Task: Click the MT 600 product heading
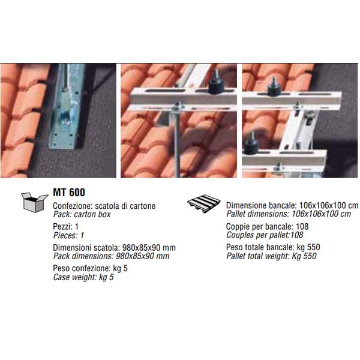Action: pyautogui.click(x=69, y=193)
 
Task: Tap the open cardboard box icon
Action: pyautogui.click(x=34, y=202)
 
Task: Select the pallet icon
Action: pyautogui.click(x=203, y=203)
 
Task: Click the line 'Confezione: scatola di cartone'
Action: pyautogui.click(x=104, y=206)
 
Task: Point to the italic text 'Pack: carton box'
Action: pyautogui.click(x=82, y=214)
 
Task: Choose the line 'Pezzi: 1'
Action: pyautogui.click(x=65, y=227)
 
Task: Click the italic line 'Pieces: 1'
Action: pyautogui.click(x=68, y=235)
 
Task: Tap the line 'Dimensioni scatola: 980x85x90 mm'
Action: pyautogui.click(x=115, y=248)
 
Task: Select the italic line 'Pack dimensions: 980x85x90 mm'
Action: pyautogui.click(x=112, y=256)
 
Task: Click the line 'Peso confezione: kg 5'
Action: pyautogui.click(x=90, y=268)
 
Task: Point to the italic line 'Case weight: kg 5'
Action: pyautogui.click(x=83, y=277)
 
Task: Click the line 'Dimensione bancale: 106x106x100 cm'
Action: pyautogui.click(x=292, y=205)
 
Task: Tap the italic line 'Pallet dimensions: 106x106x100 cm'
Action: pyautogui.click(x=289, y=214)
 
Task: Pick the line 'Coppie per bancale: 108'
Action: pyautogui.click(x=267, y=227)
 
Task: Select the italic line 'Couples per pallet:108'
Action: pyautogui.click(x=265, y=235)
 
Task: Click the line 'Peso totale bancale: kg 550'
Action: pyautogui.click(x=273, y=247)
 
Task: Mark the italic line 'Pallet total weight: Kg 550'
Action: pyautogui.click(x=271, y=256)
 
